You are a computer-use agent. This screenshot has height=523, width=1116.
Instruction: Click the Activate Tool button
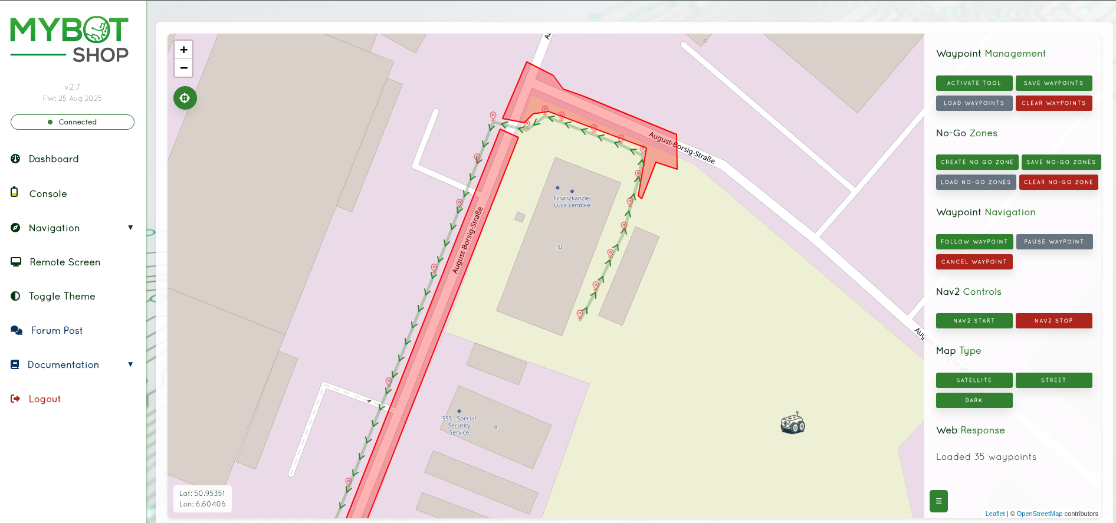click(974, 83)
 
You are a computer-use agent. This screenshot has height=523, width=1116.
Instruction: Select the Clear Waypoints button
click(1053, 103)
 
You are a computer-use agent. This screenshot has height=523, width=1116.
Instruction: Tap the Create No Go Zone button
click(977, 162)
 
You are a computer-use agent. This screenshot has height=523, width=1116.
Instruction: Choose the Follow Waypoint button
click(974, 242)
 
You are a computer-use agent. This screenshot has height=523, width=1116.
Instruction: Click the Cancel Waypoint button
click(974, 262)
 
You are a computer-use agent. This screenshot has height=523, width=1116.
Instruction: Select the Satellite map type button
click(974, 380)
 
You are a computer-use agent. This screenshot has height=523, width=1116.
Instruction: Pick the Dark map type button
click(974, 400)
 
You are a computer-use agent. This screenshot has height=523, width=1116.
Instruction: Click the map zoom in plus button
click(183, 50)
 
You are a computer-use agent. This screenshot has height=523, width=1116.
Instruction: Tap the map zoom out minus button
click(183, 68)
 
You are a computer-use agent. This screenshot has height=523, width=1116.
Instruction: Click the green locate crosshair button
click(185, 98)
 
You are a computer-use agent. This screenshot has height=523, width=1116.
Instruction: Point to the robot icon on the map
click(793, 423)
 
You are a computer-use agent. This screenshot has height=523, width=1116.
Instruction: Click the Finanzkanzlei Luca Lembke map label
click(572, 202)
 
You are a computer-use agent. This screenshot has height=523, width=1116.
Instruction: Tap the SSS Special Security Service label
click(459, 425)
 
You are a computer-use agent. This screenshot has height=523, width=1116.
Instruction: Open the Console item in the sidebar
click(48, 193)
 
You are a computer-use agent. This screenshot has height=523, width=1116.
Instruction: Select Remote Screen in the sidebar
click(65, 262)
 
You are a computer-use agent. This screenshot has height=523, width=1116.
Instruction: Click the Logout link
click(44, 399)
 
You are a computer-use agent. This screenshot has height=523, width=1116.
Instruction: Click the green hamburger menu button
click(938, 501)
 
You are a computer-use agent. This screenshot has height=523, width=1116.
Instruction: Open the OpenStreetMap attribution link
click(1039, 514)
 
